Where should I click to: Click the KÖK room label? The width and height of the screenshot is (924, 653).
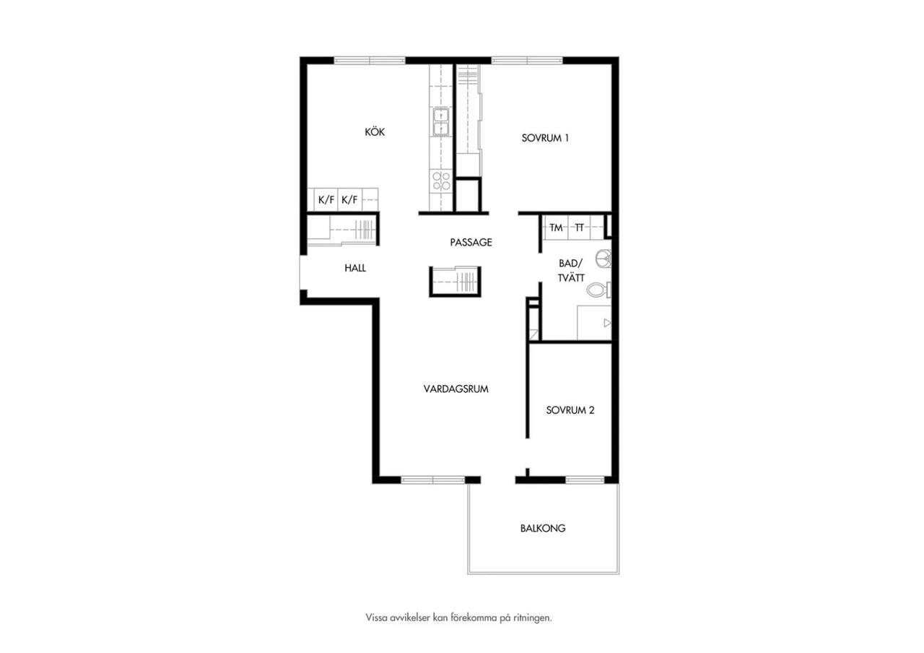(375, 131)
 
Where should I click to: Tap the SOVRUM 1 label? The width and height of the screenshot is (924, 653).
(545, 138)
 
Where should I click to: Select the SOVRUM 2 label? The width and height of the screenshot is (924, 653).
(570, 410)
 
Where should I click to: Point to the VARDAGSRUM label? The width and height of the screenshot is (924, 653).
(456, 389)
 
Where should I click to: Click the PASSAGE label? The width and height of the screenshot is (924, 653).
(471, 242)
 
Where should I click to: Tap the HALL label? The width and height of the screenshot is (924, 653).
(355, 268)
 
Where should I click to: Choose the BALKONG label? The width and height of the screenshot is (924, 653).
(543, 528)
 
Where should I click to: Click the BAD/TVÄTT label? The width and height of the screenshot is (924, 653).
(571, 270)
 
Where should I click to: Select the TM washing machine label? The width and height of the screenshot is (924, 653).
(556, 228)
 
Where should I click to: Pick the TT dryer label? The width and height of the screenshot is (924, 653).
(579, 228)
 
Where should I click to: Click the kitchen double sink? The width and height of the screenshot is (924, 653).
(441, 121)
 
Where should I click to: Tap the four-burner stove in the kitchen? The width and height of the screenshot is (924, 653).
(441, 181)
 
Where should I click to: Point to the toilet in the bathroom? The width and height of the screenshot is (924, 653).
(599, 290)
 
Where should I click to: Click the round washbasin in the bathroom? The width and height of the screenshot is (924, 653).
(604, 259)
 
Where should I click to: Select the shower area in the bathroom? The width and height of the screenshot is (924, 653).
(594, 323)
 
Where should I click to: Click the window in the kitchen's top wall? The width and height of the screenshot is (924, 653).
(370, 60)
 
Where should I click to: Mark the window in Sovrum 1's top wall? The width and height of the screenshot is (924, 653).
(527, 60)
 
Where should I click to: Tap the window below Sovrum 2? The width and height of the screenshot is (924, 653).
(585, 480)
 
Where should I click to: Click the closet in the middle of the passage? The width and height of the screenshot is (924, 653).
(455, 282)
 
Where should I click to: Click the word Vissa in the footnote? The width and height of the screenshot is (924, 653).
(376, 618)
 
